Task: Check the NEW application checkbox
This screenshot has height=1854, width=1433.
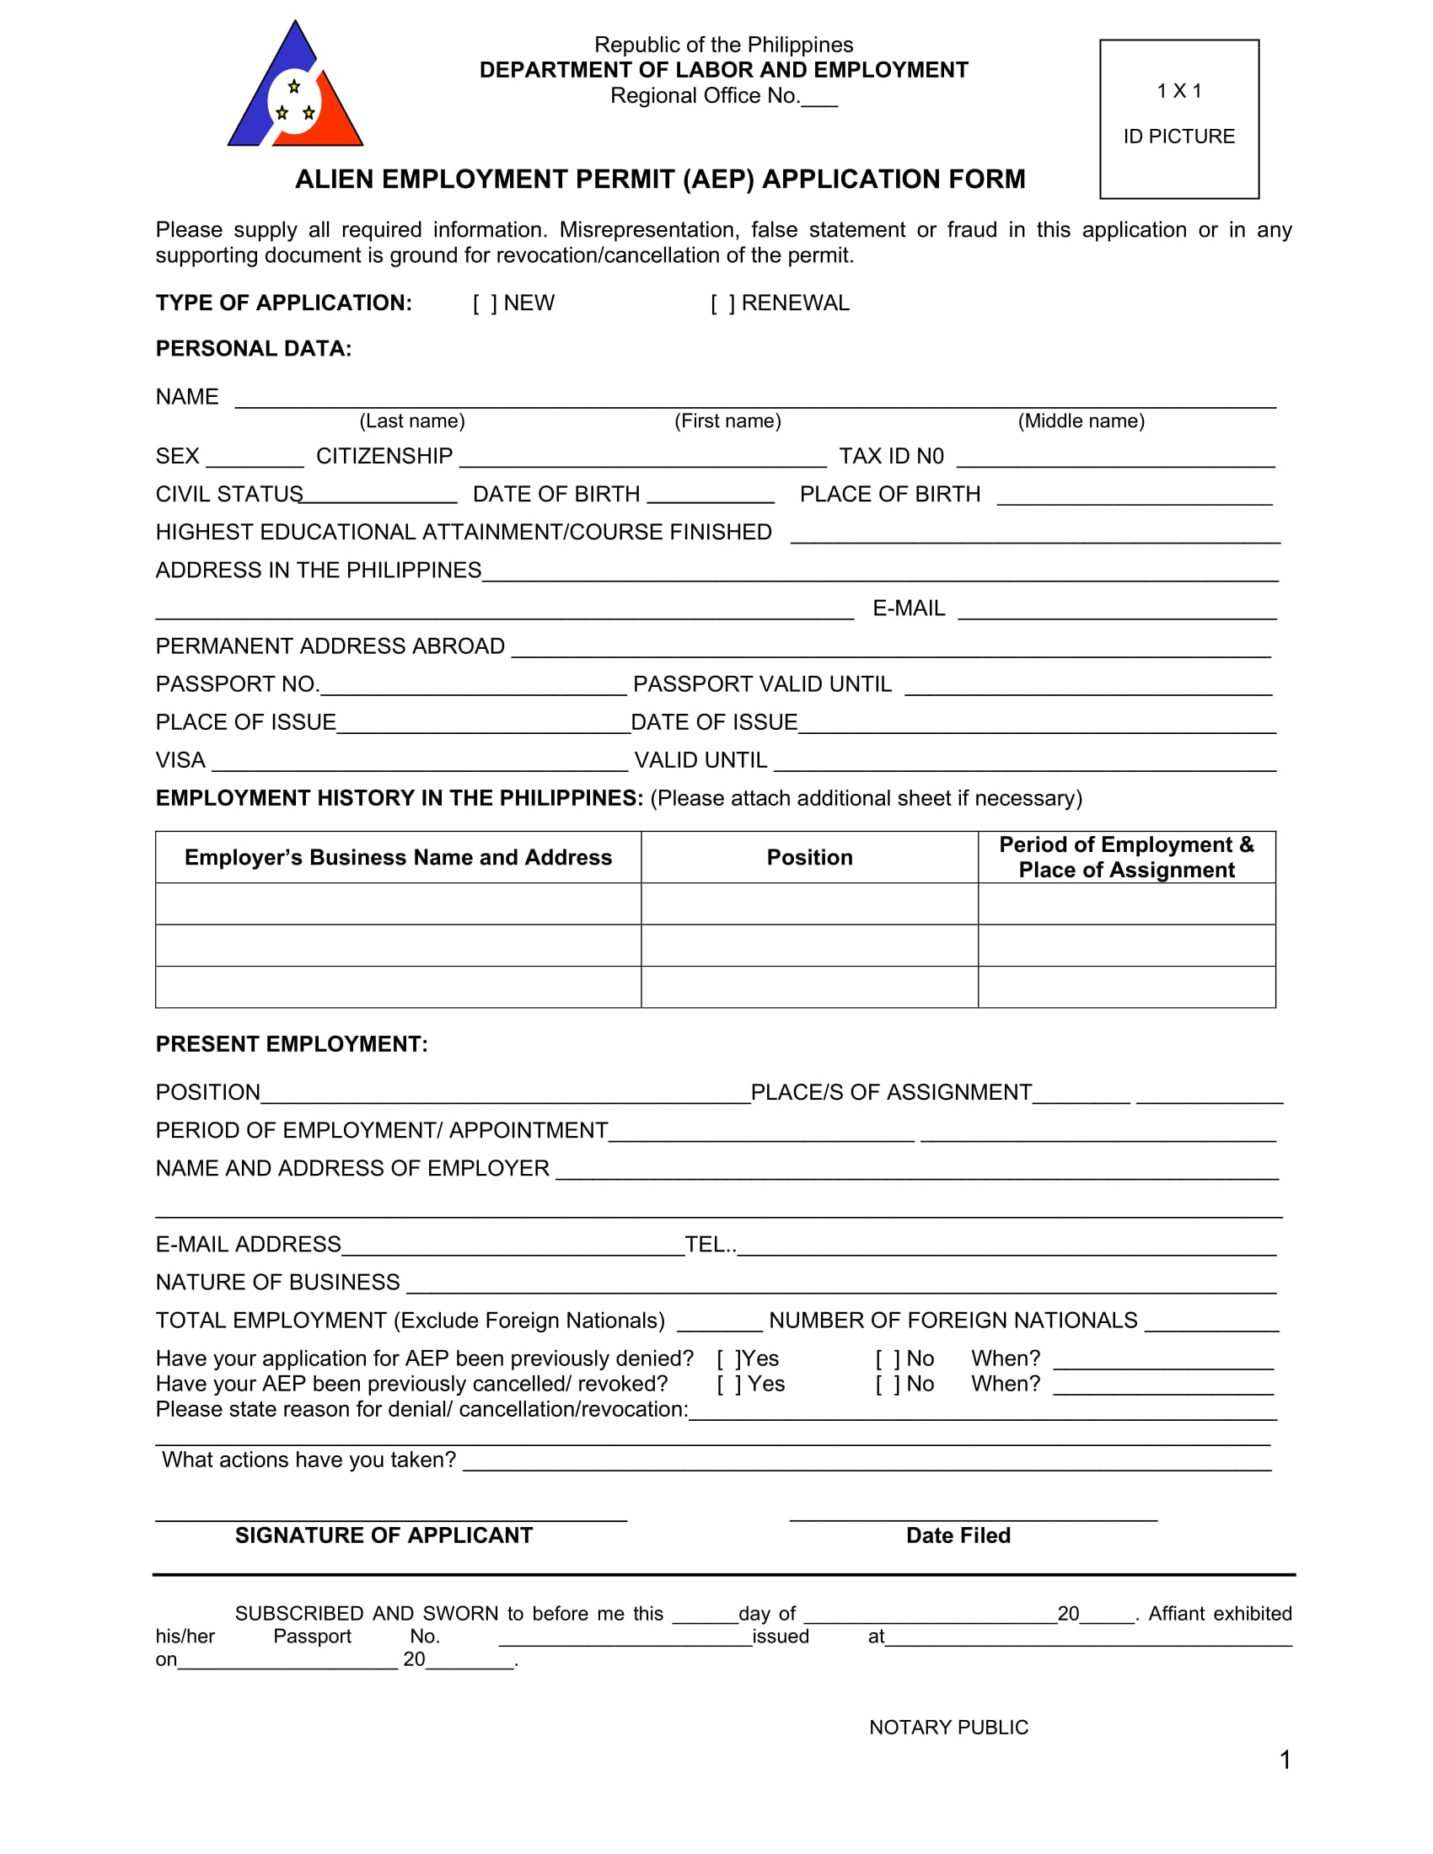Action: pos(486,303)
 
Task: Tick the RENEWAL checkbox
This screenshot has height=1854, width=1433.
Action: pos(722,303)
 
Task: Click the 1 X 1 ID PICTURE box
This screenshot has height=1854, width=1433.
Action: pos(1178,119)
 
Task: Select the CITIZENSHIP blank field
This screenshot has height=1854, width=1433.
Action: pos(641,458)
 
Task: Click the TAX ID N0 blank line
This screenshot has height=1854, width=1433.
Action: pos(1115,458)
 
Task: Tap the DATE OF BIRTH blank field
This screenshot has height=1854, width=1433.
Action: pos(710,496)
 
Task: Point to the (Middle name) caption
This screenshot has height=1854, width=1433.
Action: pos(1081,421)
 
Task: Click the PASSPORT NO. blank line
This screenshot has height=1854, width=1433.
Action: pos(473,687)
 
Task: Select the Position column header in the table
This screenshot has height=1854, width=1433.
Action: pos(809,857)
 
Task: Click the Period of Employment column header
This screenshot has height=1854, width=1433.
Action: pos(1125,857)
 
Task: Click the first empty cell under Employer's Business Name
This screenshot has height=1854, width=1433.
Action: pos(398,903)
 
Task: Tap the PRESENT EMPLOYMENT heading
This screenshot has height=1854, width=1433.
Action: pos(291,1044)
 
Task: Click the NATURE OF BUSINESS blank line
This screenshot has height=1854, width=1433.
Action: pos(840,1284)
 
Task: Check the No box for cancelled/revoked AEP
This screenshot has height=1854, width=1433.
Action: pos(887,1385)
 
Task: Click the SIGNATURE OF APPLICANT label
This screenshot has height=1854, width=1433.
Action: pos(384,1535)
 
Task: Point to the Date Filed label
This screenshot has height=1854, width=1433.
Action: pos(958,1535)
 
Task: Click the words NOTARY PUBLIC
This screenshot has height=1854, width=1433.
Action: pos(948,1728)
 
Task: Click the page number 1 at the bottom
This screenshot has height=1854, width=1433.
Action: pos(1285,1760)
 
